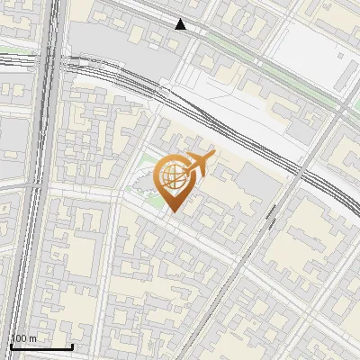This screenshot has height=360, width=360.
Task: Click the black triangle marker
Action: pos(181,24)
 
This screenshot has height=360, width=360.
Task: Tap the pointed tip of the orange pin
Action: pos(172,212)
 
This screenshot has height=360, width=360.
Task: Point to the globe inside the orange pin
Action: pos(172,178)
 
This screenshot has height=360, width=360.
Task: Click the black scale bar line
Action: pos(41,346)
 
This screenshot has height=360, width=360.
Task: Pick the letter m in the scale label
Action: pos(33,338)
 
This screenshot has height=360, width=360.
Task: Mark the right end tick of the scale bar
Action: pos(72,345)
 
